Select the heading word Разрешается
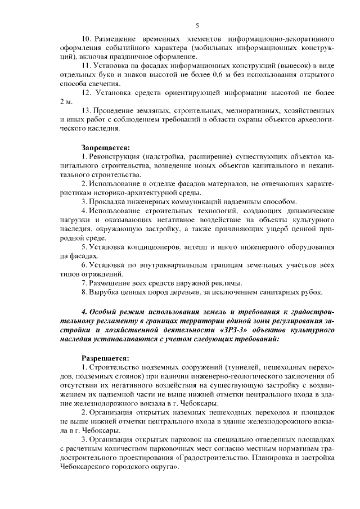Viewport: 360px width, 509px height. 106,357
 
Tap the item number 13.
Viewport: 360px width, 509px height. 87,110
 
